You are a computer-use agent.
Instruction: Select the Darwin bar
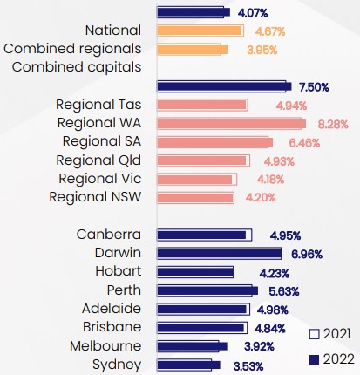point(219,253)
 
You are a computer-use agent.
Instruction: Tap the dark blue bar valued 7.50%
point(222,86)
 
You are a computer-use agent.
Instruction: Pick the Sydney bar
point(187,364)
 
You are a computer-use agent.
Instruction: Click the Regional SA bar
point(215,142)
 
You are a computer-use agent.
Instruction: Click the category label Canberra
point(108,234)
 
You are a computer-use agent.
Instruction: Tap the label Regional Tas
point(98,105)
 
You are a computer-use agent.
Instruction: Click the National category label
point(112,31)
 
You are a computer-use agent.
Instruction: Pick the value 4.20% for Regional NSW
point(261,198)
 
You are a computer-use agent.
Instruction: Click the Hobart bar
point(195,271)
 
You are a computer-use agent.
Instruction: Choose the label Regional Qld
point(98,160)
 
